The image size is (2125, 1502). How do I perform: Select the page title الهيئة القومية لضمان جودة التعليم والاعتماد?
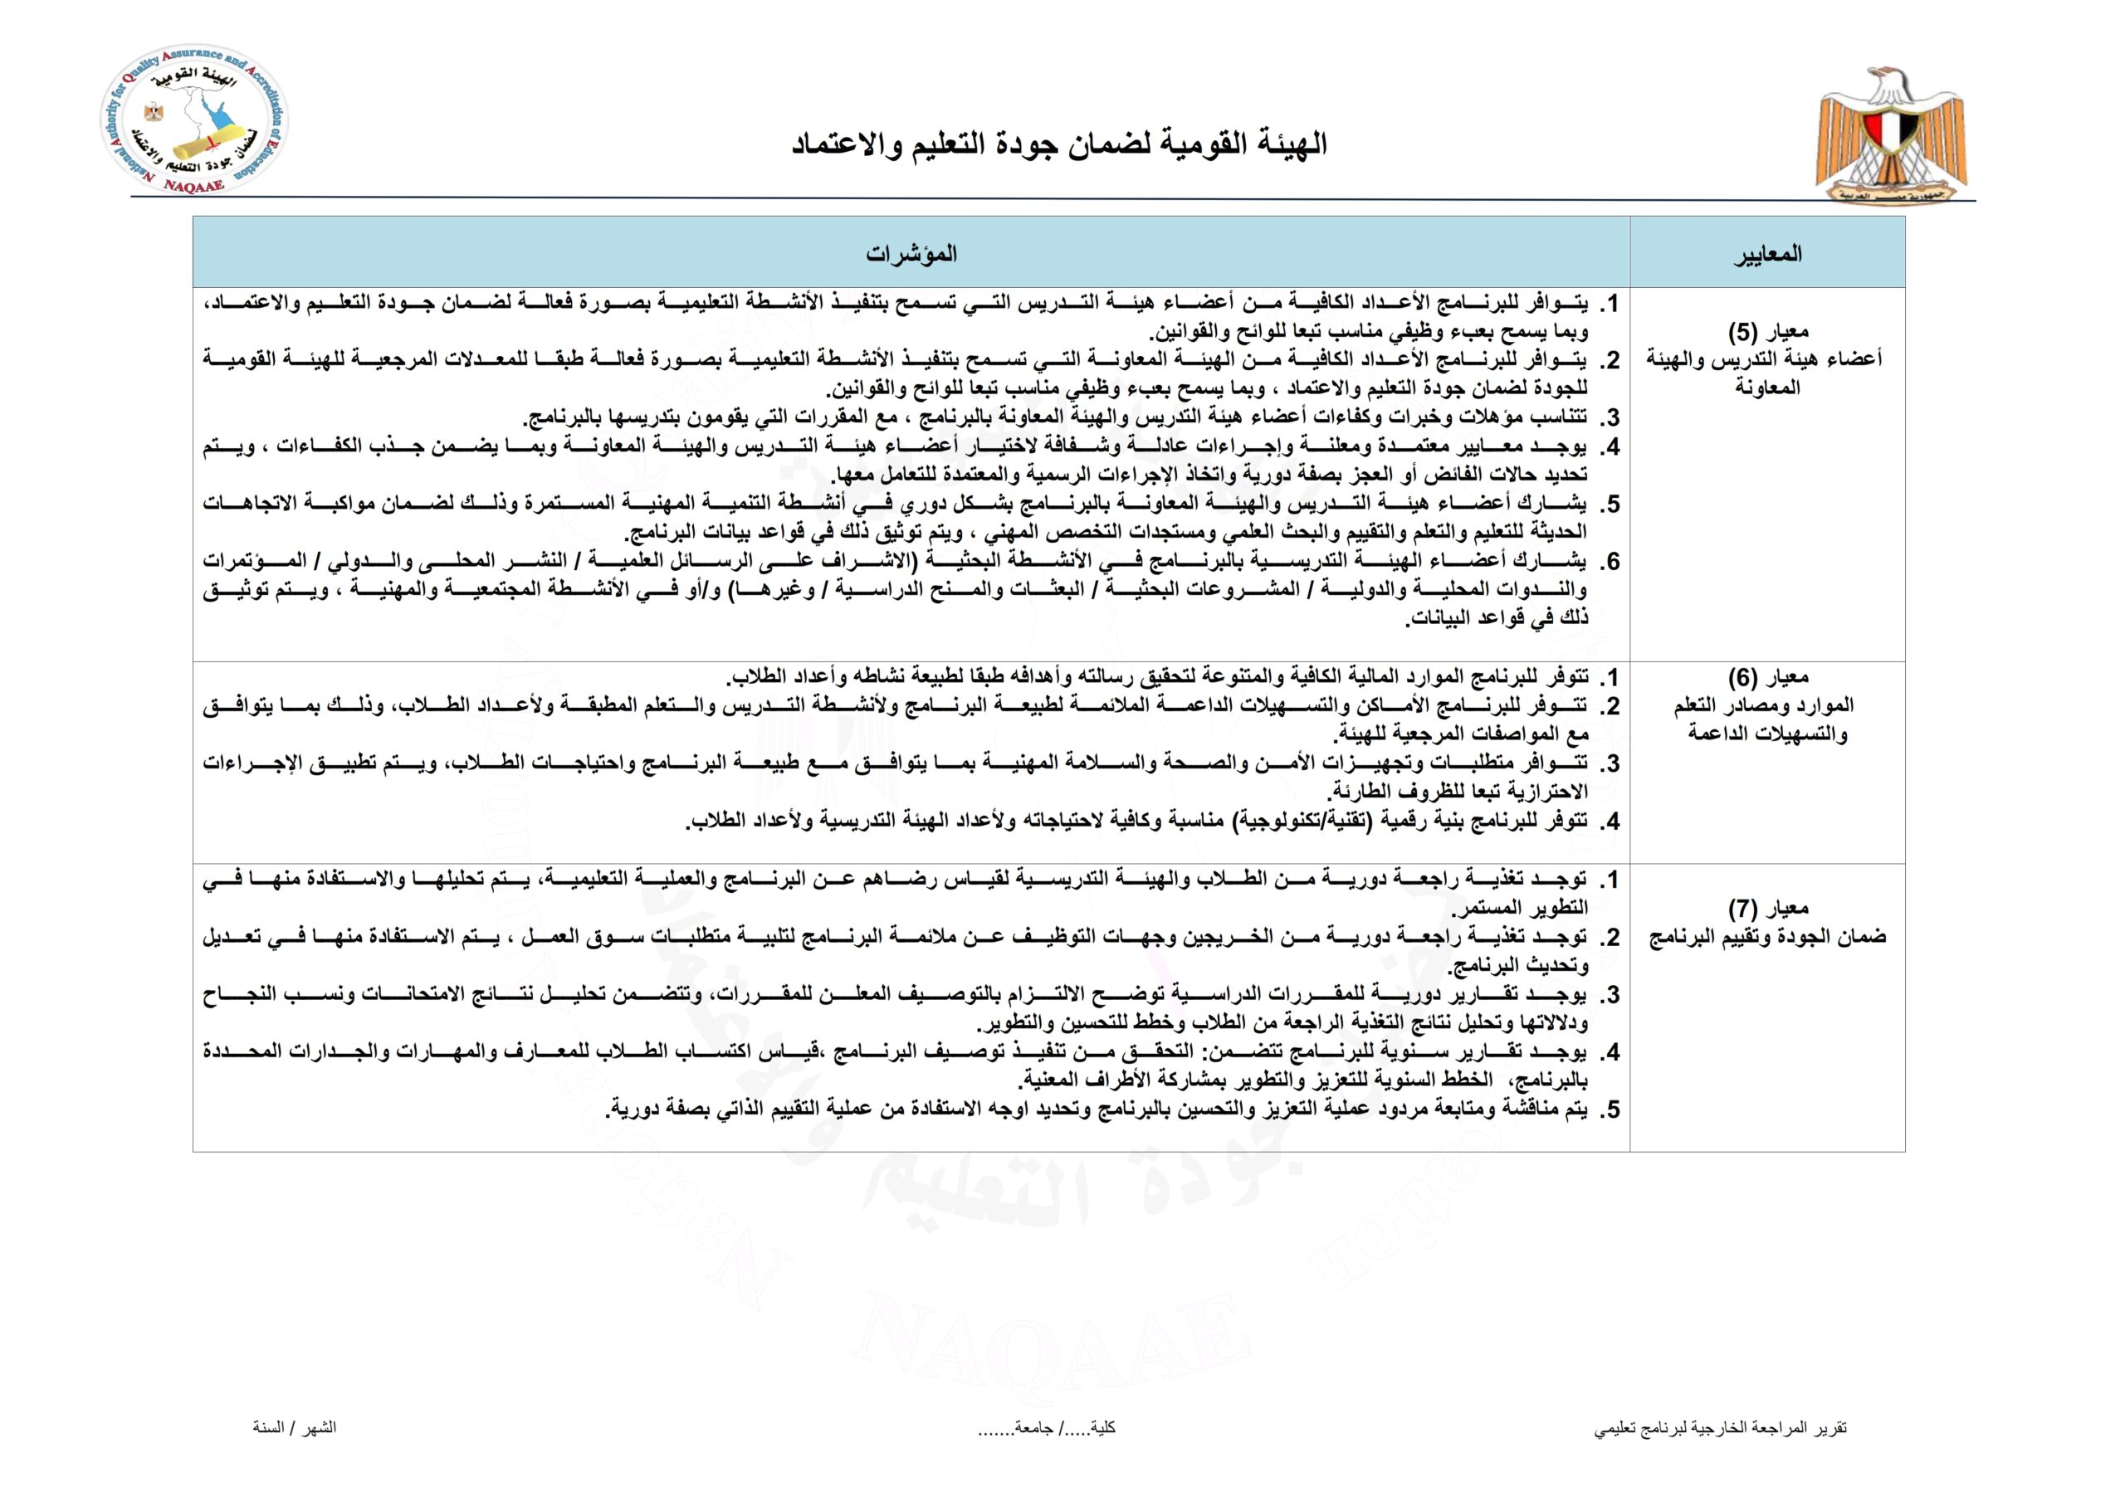[x=1060, y=144]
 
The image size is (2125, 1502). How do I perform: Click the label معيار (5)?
[x=1768, y=331]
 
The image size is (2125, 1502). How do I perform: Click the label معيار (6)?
[x=1768, y=677]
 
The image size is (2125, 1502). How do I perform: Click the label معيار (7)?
[x=1768, y=908]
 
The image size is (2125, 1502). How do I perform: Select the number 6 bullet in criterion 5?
[x=1611, y=562]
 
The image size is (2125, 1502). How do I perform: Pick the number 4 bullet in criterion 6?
[x=1611, y=821]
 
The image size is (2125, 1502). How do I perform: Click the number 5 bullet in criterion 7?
[x=1611, y=1109]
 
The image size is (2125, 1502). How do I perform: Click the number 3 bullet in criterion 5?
[x=1611, y=418]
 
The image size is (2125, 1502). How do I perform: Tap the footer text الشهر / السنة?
[x=295, y=1427]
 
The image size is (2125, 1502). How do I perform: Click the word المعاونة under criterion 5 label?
[x=1767, y=388]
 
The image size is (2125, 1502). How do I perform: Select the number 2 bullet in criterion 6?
[x=1611, y=707]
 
